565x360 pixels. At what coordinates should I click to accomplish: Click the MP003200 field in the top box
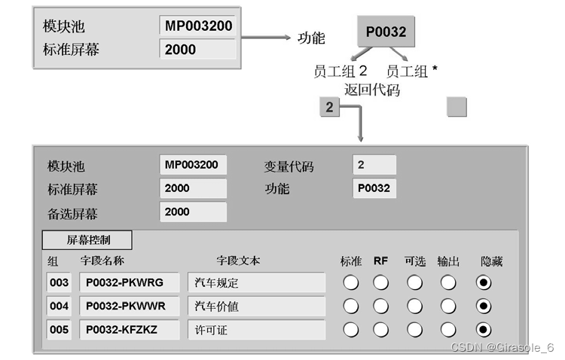tap(198, 26)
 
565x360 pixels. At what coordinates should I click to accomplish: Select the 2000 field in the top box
tap(198, 50)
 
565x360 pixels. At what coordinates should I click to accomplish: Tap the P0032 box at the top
tap(386, 32)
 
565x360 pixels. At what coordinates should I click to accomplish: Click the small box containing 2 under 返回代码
tap(329, 108)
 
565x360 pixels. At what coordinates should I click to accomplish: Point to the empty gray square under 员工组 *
tap(457, 107)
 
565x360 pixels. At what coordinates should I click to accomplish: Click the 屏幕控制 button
tap(87, 240)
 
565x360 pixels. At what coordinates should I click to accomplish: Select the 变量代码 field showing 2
tap(374, 165)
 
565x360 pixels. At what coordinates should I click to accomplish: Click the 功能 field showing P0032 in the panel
tap(374, 188)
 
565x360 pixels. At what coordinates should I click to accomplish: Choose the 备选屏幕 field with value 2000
tap(193, 212)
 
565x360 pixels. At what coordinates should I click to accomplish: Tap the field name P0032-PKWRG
tap(129, 283)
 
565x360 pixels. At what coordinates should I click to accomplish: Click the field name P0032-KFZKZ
tap(129, 330)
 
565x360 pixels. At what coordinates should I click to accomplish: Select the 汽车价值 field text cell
tap(256, 307)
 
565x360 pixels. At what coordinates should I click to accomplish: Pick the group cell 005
tap(59, 330)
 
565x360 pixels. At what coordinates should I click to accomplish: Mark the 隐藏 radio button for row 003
tap(484, 283)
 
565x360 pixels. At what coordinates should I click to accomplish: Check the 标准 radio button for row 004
tap(350, 307)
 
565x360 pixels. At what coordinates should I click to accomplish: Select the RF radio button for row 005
tap(381, 330)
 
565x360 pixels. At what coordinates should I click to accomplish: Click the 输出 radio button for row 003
tap(448, 283)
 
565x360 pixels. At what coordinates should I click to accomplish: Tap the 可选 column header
tap(414, 261)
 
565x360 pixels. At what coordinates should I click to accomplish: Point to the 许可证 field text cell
tap(256, 330)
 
